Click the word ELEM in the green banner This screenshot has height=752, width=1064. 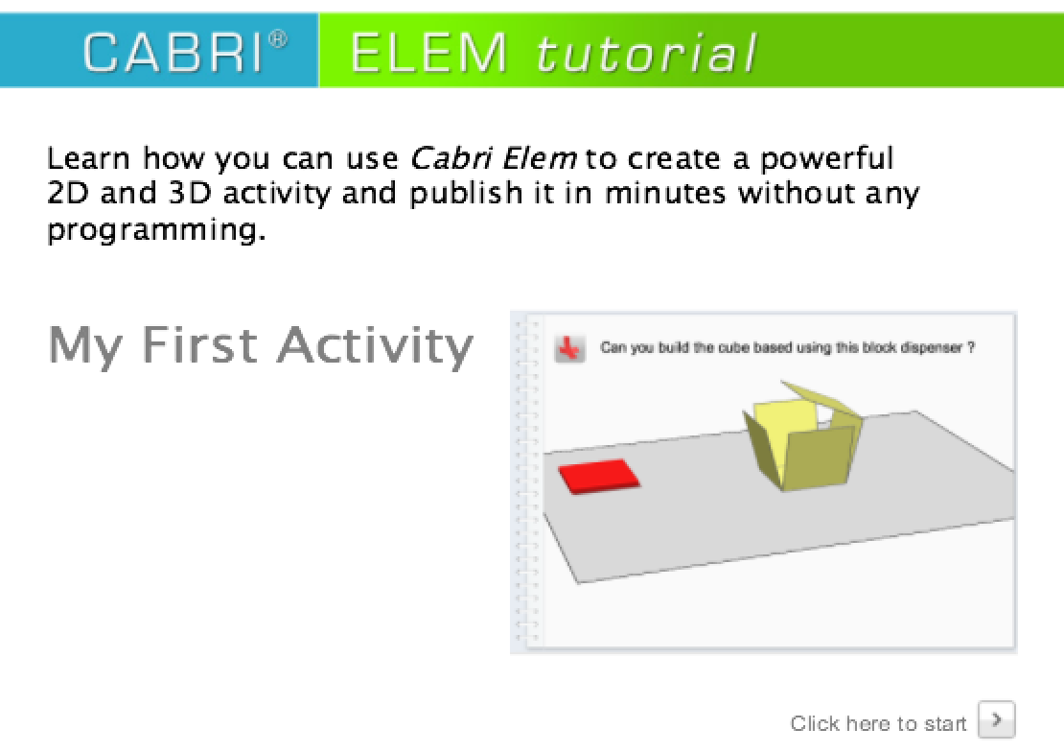pos(428,53)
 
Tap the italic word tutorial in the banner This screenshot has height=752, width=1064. pos(645,53)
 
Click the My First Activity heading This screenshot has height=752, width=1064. pos(260,345)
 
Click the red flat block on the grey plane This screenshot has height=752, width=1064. pos(597,476)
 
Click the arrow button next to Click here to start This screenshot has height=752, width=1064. pos(996,718)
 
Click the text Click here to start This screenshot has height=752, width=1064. pos(878,722)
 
